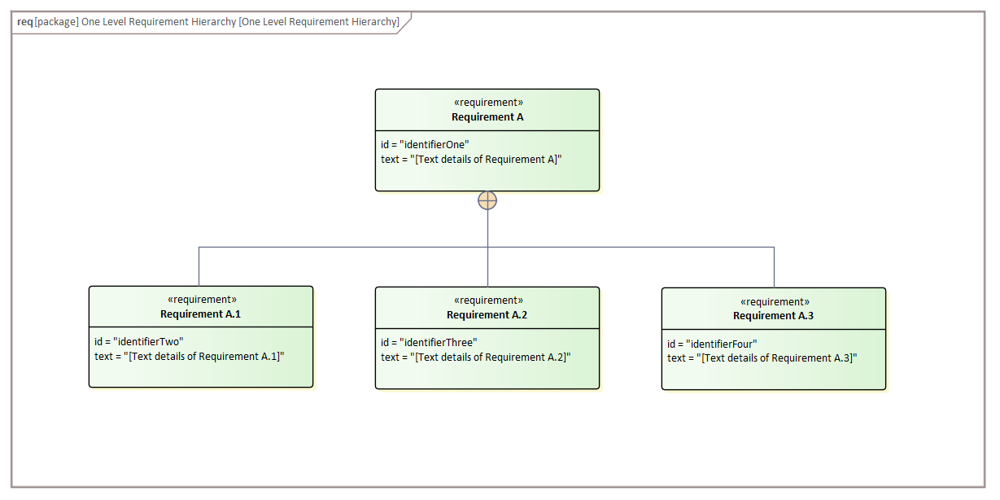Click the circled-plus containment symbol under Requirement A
(x=487, y=200)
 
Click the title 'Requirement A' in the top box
(x=487, y=117)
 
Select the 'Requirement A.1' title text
(x=200, y=314)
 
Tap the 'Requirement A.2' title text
(x=487, y=315)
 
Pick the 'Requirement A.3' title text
(x=773, y=316)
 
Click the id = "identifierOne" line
(x=425, y=145)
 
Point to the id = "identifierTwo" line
(x=139, y=342)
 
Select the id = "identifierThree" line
(x=429, y=343)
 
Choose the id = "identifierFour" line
(x=712, y=344)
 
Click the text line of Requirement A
(x=471, y=160)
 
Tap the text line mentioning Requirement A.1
(x=190, y=357)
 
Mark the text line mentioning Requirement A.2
(x=476, y=357)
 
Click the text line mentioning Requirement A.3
(x=762, y=358)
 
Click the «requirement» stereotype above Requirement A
(x=487, y=103)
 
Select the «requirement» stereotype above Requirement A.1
(x=201, y=300)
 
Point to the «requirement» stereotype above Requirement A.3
(x=774, y=301)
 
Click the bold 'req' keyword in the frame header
(x=24, y=22)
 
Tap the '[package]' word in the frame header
(x=56, y=22)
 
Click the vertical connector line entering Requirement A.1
(x=199, y=266)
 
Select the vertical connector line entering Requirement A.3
(x=774, y=267)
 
